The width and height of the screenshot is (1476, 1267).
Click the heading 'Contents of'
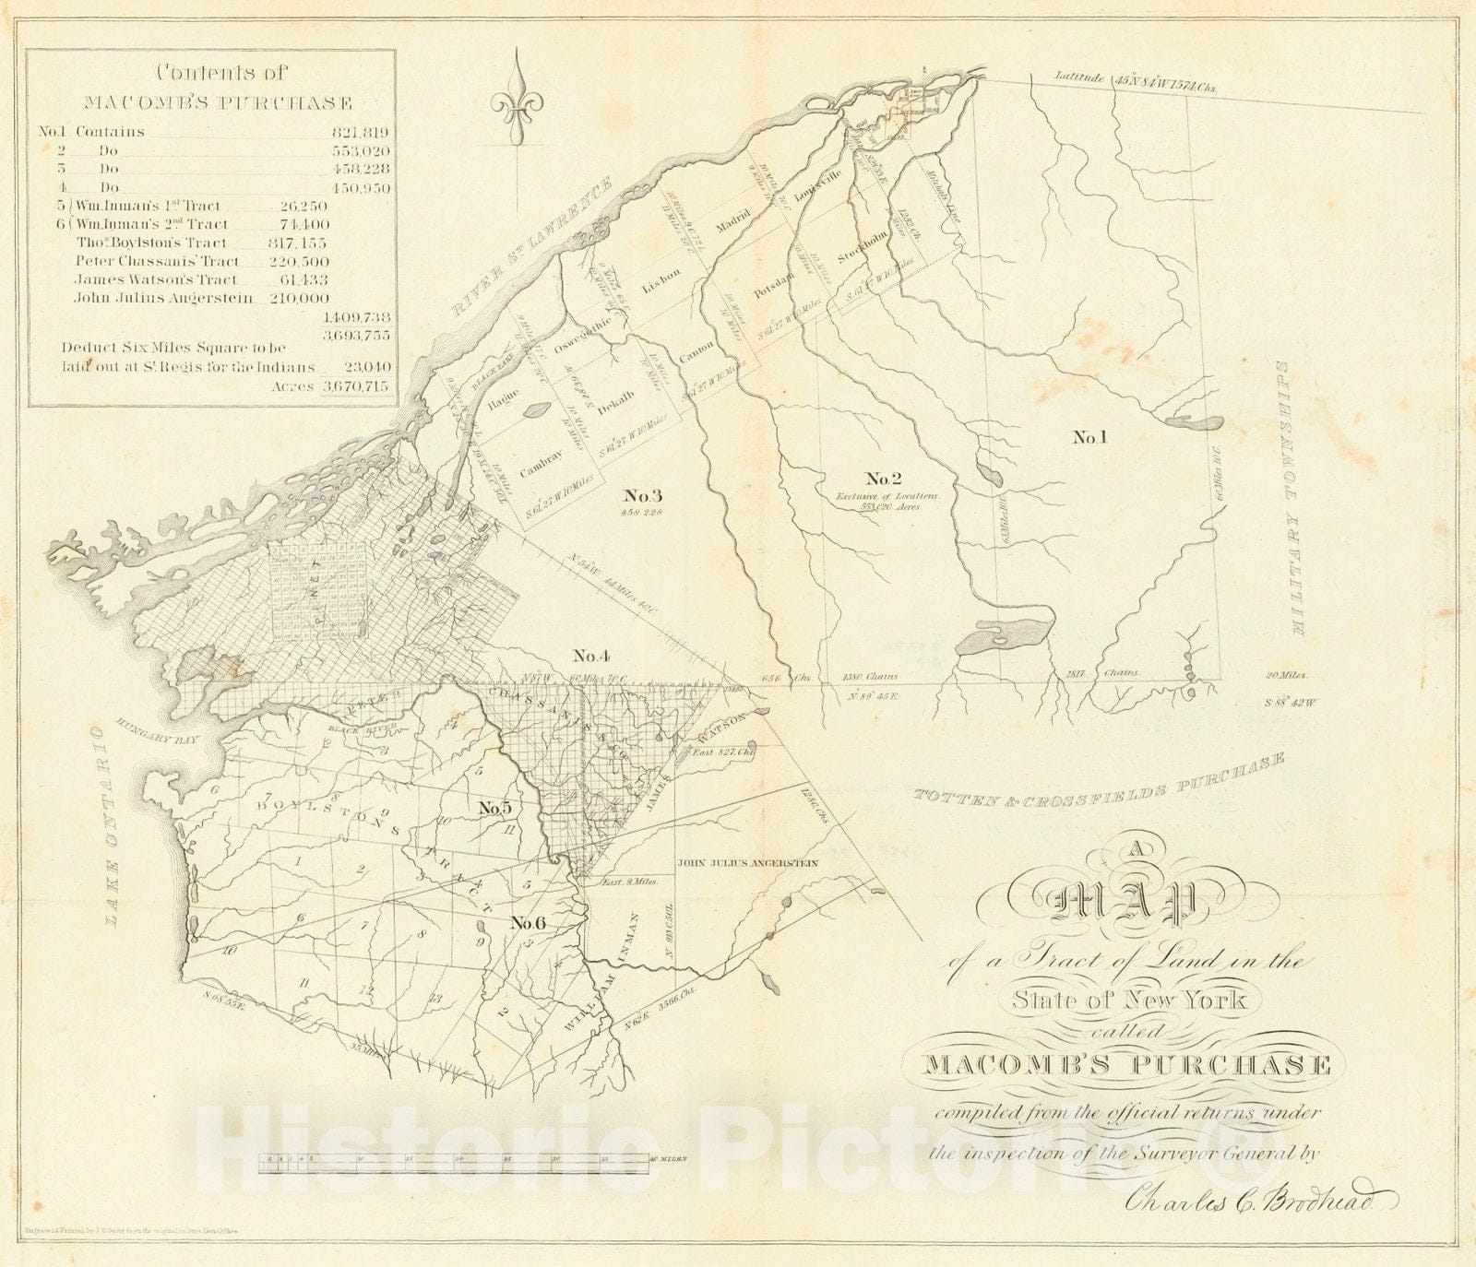[x=222, y=73]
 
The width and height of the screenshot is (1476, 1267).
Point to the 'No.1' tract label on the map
[x=1089, y=437]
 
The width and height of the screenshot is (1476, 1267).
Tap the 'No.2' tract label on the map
[x=883, y=478]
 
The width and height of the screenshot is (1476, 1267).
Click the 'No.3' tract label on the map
[x=644, y=493]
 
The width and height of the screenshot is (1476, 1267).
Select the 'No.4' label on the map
[x=591, y=656]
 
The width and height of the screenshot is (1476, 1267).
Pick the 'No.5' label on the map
[x=495, y=808]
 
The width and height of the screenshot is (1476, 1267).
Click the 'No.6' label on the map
[x=530, y=923]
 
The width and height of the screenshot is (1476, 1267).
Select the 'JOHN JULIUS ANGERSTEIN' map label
[x=748, y=864]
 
